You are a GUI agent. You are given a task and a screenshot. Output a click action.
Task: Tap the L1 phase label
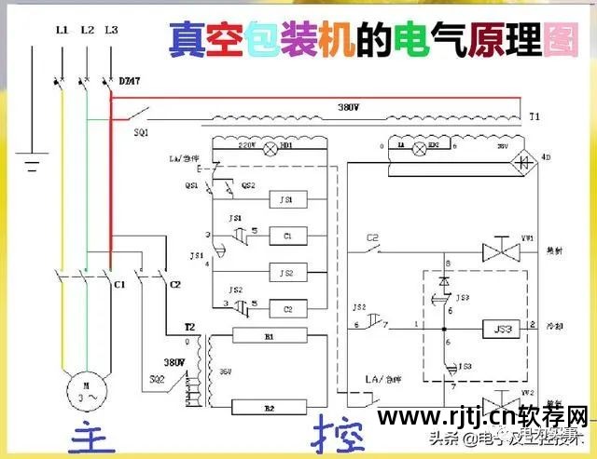click(x=62, y=31)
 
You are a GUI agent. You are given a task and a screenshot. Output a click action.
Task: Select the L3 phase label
click(x=111, y=31)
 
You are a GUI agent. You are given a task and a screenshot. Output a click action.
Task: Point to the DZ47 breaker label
click(x=130, y=83)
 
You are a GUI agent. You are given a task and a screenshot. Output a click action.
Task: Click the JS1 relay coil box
click(x=287, y=199)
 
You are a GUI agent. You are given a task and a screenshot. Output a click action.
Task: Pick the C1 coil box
click(x=287, y=236)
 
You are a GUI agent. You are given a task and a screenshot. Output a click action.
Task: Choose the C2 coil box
click(x=287, y=308)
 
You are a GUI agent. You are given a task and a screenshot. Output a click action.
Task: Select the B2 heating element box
click(x=270, y=406)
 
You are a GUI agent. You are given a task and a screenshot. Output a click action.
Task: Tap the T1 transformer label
click(x=534, y=118)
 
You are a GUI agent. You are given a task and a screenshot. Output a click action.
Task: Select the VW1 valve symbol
click(x=493, y=251)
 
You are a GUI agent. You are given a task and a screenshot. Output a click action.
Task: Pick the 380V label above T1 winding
click(x=349, y=108)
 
